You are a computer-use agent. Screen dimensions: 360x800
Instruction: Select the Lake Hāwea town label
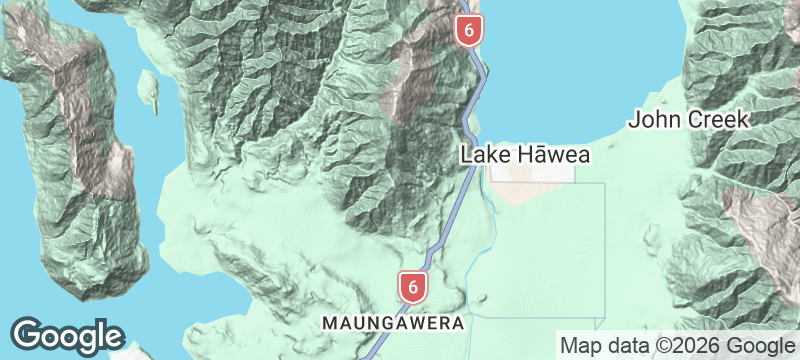(x=526, y=155)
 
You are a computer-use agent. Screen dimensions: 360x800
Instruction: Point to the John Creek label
(x=688, y=120)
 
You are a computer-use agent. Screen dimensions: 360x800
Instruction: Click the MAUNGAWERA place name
(x=393, y=324)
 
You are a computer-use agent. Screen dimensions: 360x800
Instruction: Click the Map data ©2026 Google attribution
(x=675, y=346)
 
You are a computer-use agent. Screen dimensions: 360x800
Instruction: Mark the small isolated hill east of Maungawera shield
(x=486, y=297)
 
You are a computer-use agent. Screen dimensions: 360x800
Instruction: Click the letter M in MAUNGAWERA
(x=327, y=324)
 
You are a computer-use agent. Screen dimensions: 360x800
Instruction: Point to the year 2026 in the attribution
(x=694, y=346)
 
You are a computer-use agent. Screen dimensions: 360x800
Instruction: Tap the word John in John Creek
(x=650, y=120)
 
